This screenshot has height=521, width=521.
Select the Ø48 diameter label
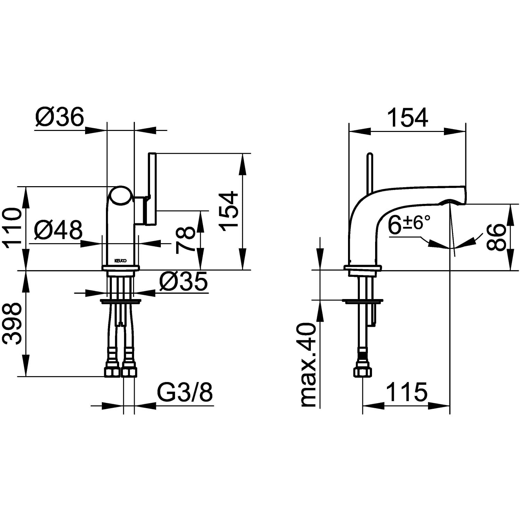[x=59, y=230]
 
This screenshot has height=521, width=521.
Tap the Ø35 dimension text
[x=183, y=281]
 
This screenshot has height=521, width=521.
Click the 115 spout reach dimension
[x=406, y=392]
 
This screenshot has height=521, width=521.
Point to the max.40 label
[x=308, y=365]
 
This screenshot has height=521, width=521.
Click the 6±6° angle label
[x=409, y=223]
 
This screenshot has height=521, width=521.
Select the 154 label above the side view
[x=407, y=117]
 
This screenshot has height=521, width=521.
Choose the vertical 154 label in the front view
[x=230, y=211]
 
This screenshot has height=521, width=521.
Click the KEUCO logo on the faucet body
[x=121, y=260]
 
